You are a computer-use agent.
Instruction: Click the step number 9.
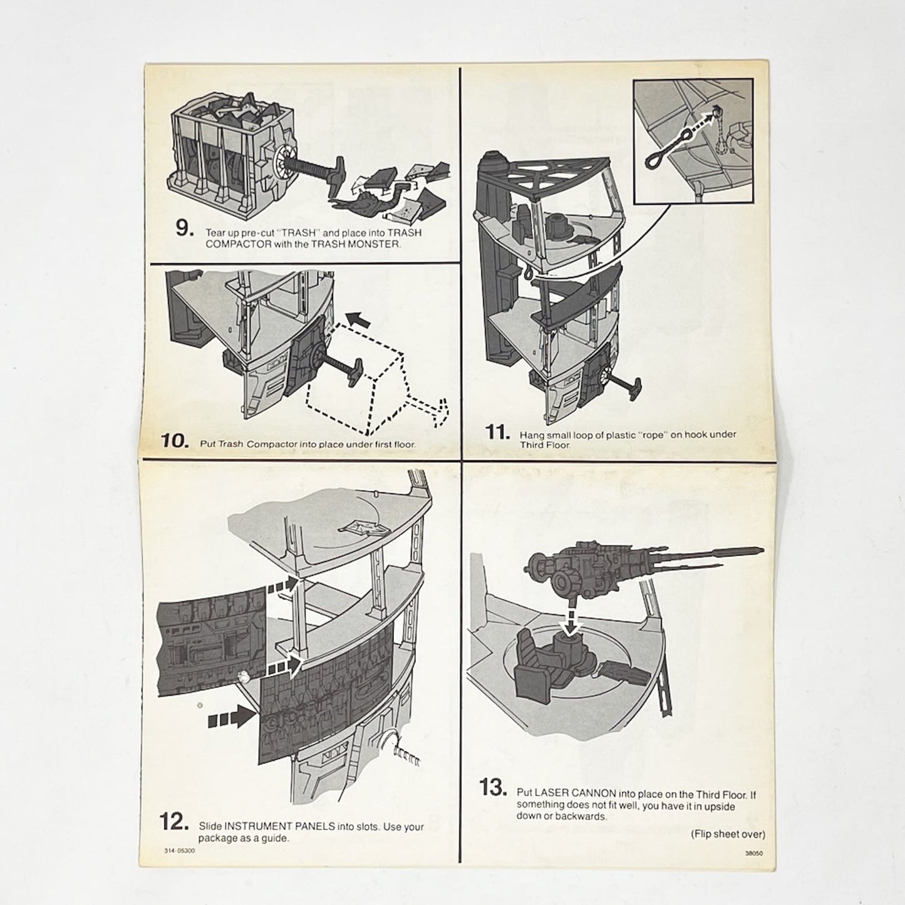183,229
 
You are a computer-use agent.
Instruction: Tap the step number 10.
173,440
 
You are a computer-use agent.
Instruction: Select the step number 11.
498,433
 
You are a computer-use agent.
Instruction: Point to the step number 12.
173,822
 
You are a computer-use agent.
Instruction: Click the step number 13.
493,787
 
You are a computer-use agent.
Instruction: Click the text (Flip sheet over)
728,834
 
